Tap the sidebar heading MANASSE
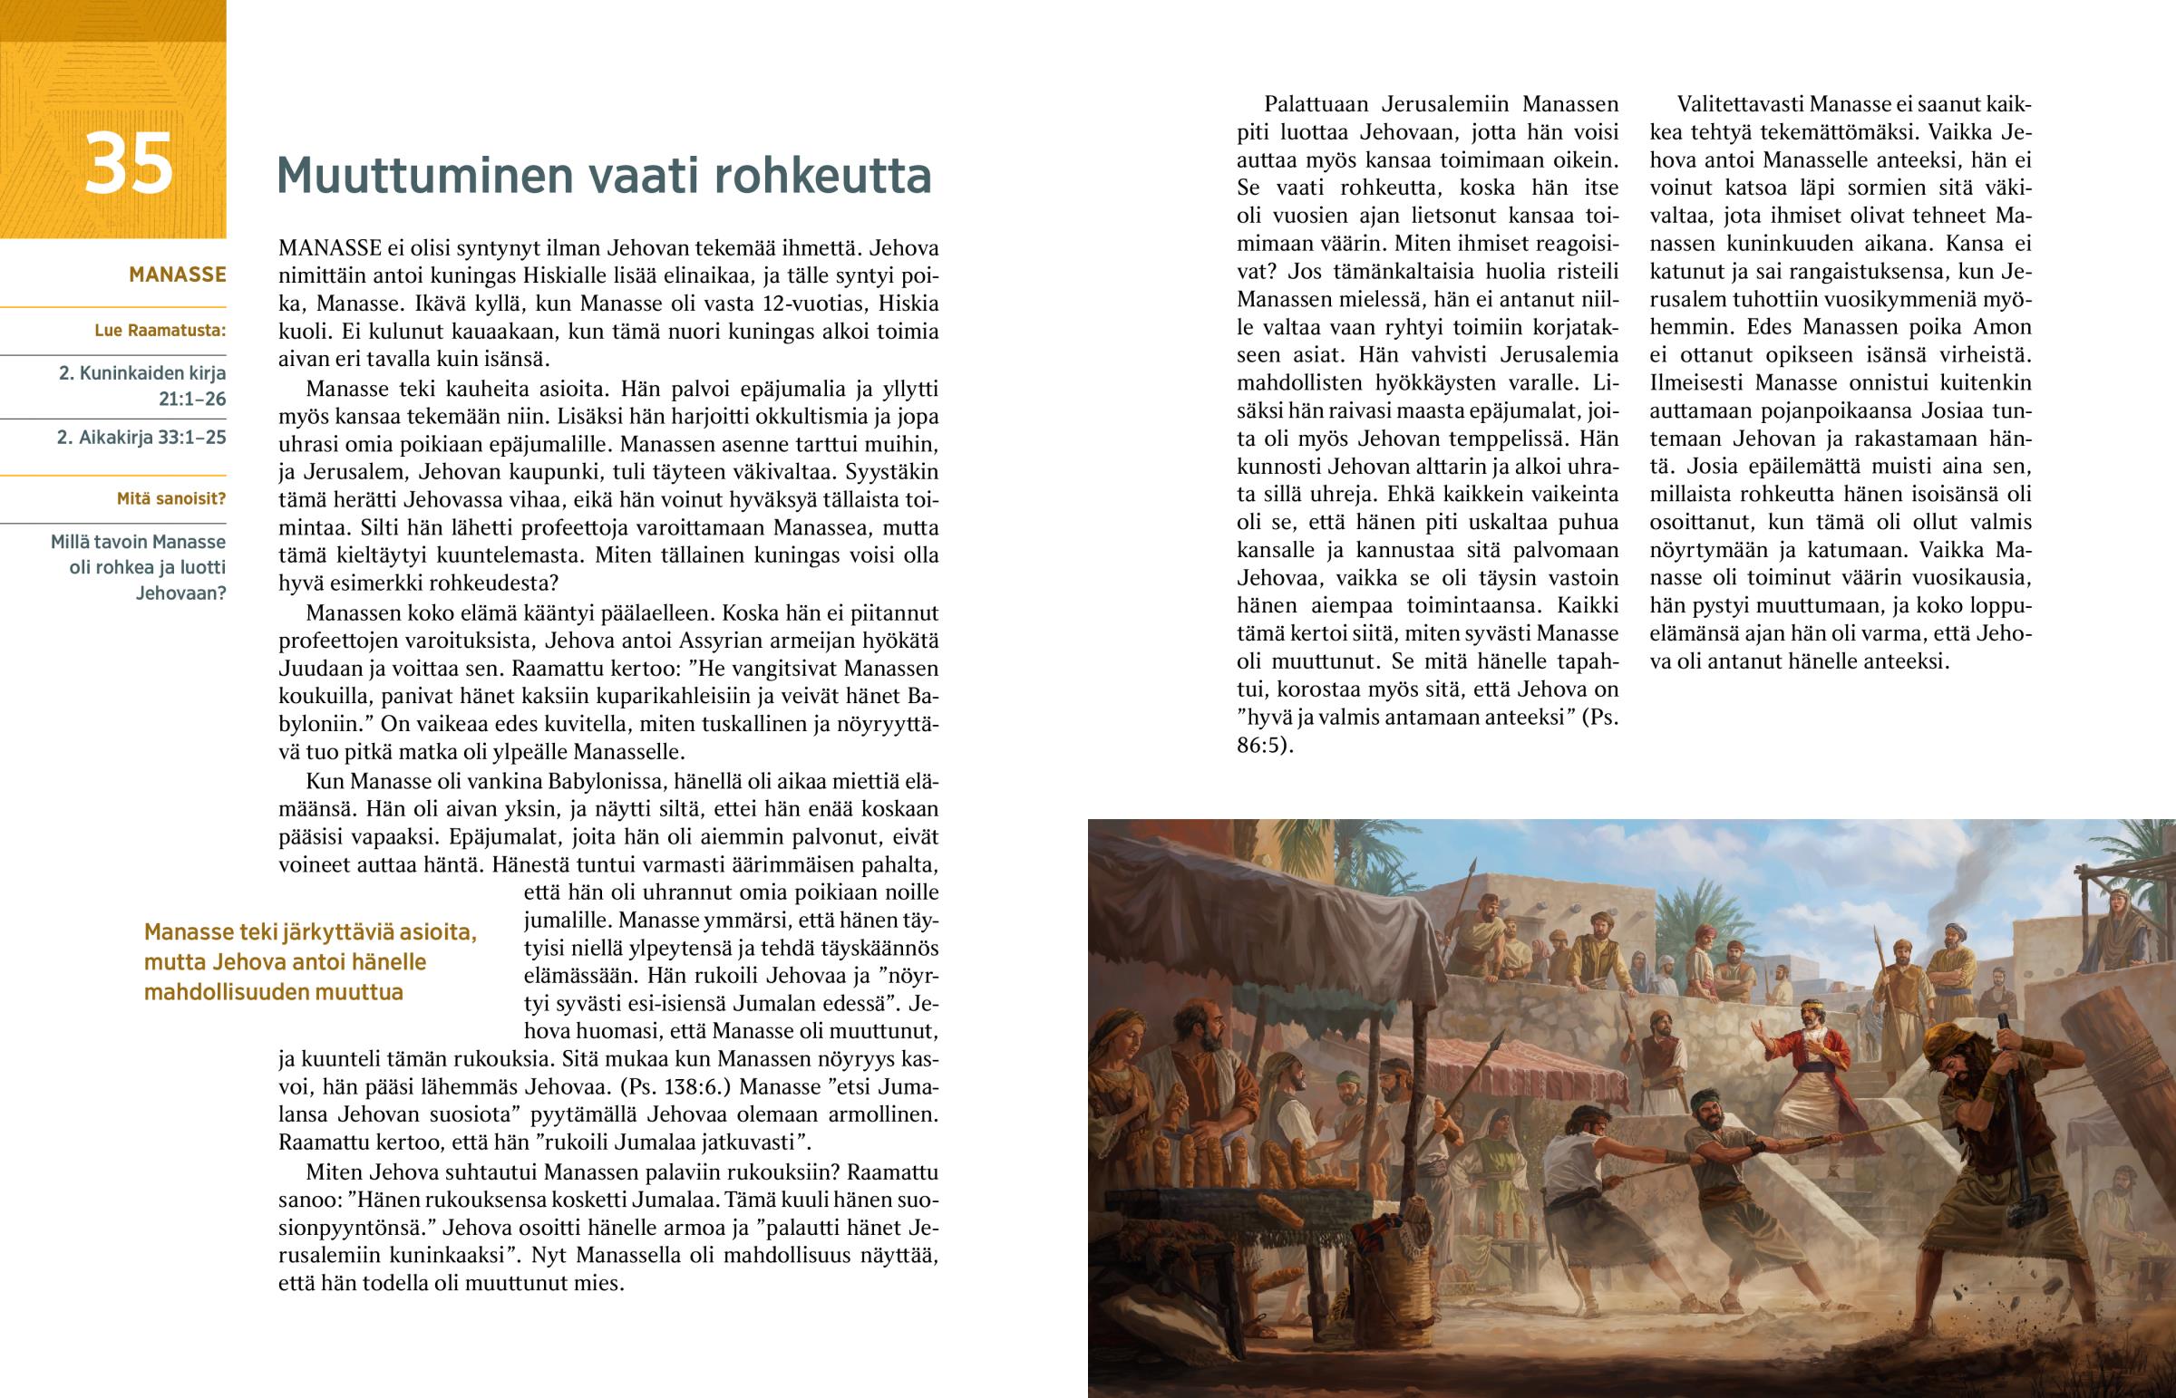177,275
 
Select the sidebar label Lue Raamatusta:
160,331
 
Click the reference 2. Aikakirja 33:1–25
141,438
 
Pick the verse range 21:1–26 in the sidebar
191,400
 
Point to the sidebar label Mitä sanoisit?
170,498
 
